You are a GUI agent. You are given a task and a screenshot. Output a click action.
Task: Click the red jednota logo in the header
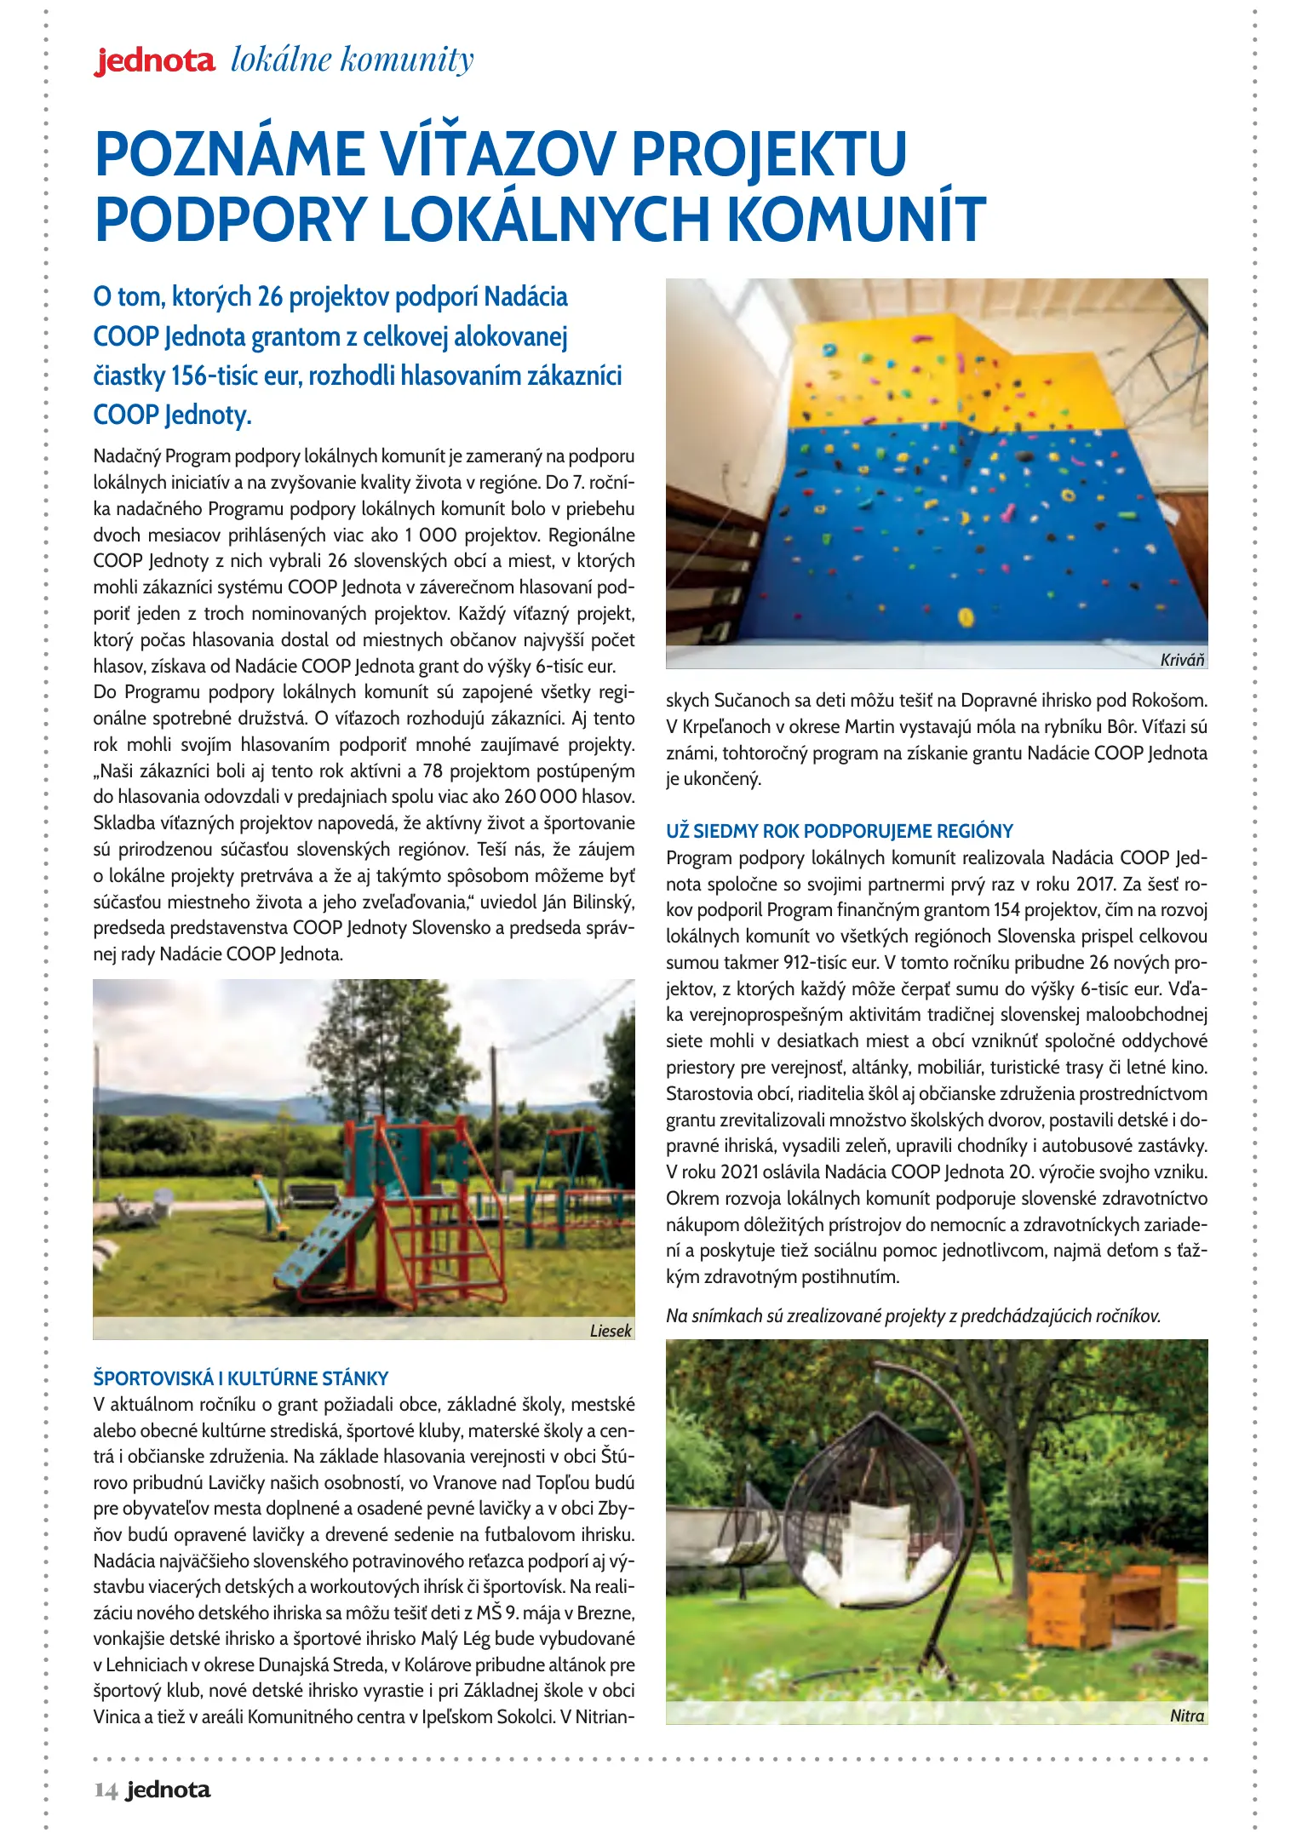point(154,61)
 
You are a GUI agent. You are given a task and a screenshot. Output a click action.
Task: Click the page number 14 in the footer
point(106,1790)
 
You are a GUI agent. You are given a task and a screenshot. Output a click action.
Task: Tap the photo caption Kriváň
point(1182,660)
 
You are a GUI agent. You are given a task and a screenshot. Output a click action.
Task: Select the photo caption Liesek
point(611,1331)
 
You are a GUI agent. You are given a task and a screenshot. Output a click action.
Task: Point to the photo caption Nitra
point(1187,1716)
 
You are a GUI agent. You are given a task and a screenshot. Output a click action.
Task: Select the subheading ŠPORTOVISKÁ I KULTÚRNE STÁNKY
point(240,1378)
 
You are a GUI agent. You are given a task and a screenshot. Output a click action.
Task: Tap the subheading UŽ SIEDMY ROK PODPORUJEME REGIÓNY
point(839,831)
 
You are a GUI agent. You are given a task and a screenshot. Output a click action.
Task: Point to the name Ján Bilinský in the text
point(587,902)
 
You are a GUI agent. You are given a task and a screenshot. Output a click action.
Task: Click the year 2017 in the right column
point(1097,884)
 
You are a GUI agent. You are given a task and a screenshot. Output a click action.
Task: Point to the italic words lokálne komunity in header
point(352,60)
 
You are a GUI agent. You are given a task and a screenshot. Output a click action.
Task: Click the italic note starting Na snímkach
point(913,1315)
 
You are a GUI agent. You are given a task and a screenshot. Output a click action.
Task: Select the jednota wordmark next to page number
point(168,1790)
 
